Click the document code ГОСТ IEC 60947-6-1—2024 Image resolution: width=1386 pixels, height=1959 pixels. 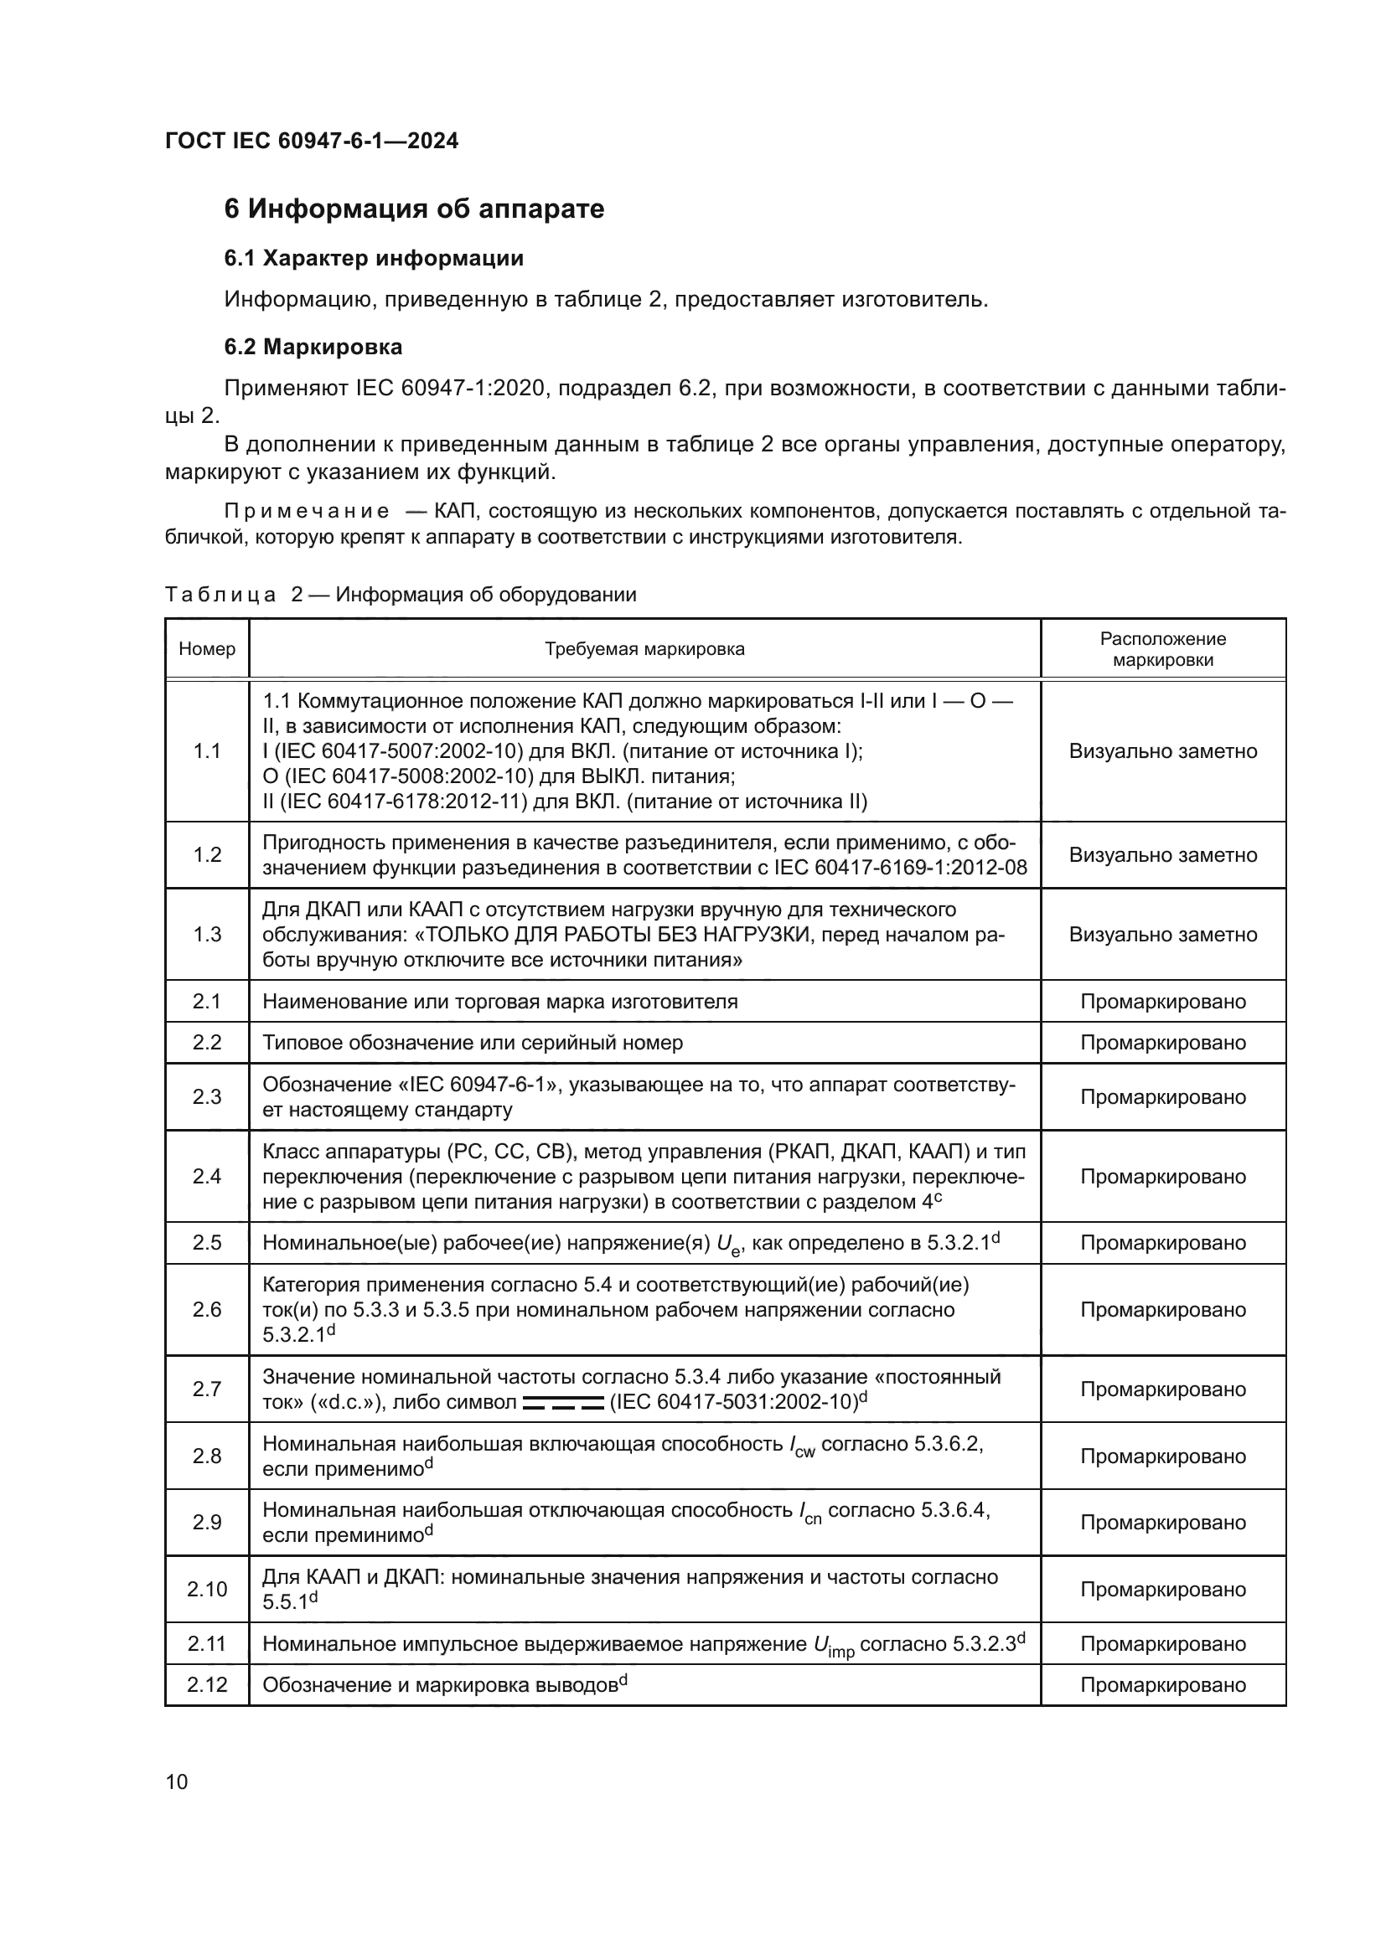[312, 141]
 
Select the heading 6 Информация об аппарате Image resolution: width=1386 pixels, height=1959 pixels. [414, 209]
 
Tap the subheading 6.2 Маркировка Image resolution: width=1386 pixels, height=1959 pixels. [313, 347]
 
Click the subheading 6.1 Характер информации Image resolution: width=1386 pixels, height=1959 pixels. [374, 258]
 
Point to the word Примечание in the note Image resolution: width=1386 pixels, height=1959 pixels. [307, 511]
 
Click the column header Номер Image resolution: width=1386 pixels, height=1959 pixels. [206, 648]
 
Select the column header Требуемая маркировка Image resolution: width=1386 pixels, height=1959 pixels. [644, 648]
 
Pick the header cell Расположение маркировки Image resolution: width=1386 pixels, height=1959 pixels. [1162, 648]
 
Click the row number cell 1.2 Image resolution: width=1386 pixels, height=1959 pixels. [206, 855]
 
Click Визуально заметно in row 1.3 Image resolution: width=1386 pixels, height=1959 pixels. [1162, 935]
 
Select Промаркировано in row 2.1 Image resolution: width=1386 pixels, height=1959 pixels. [1162, 1001]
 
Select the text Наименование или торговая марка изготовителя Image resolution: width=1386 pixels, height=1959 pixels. [499, 1001]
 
